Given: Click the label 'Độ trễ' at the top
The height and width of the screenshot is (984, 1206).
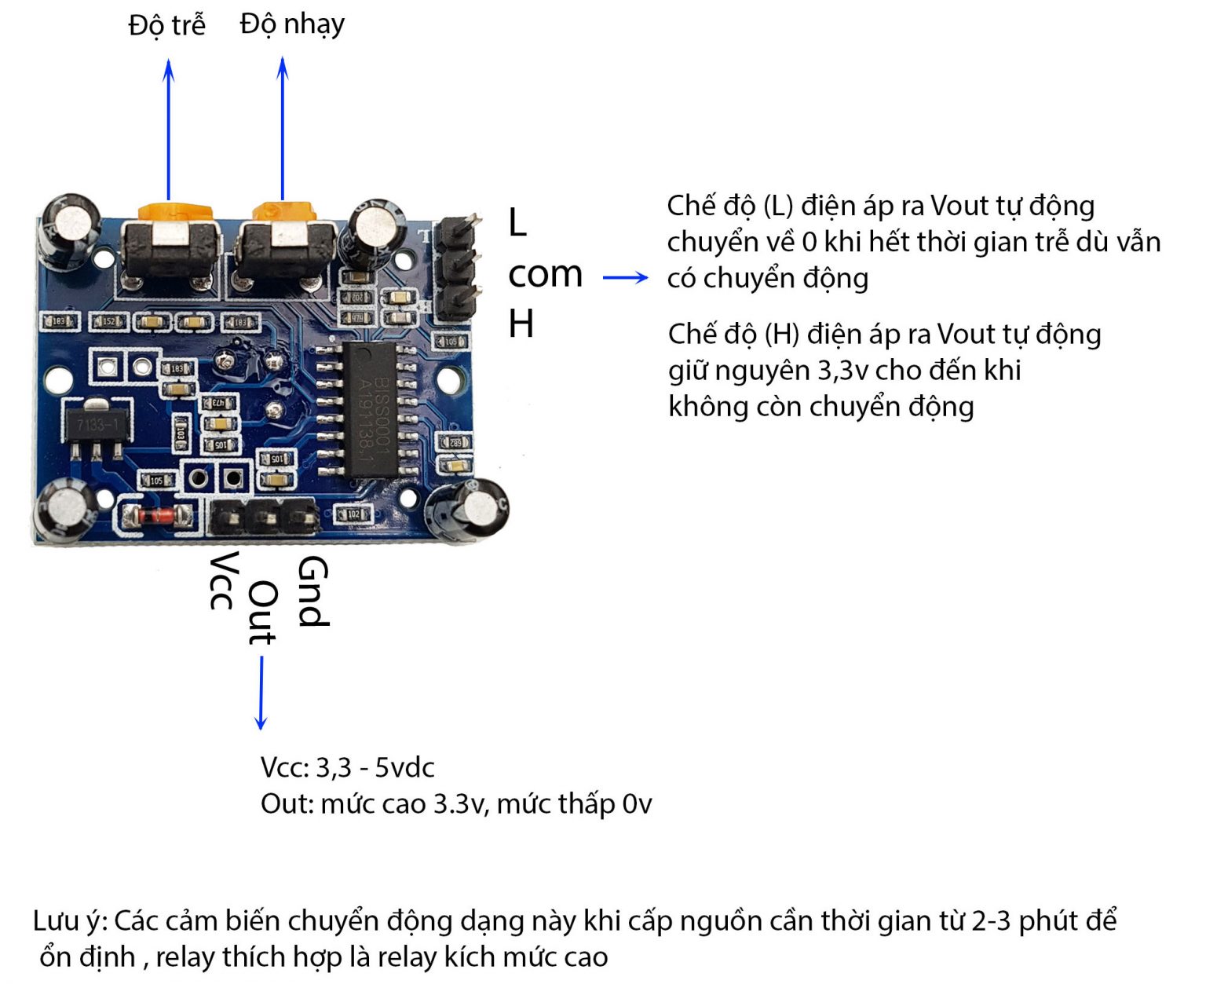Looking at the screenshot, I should [166, 25].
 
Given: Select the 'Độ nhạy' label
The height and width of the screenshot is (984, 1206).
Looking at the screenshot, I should [292, 24].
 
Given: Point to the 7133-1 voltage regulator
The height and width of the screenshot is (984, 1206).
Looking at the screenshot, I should [95, 429].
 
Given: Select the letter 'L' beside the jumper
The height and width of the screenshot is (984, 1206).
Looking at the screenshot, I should [517, 223].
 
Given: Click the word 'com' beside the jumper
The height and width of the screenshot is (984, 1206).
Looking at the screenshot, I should [545, 274].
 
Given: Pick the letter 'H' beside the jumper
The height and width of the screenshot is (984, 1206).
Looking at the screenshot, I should [521, 324].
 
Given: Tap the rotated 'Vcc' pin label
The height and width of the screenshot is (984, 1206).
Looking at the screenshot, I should [223, 580].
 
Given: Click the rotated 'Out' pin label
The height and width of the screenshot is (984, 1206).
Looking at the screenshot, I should [261, 613].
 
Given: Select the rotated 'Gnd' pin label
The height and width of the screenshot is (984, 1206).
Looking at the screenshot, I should [312, 591].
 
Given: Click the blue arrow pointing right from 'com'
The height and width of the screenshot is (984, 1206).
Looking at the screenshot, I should [625, 277].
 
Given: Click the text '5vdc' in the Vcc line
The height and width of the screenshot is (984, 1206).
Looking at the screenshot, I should [404, 767].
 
